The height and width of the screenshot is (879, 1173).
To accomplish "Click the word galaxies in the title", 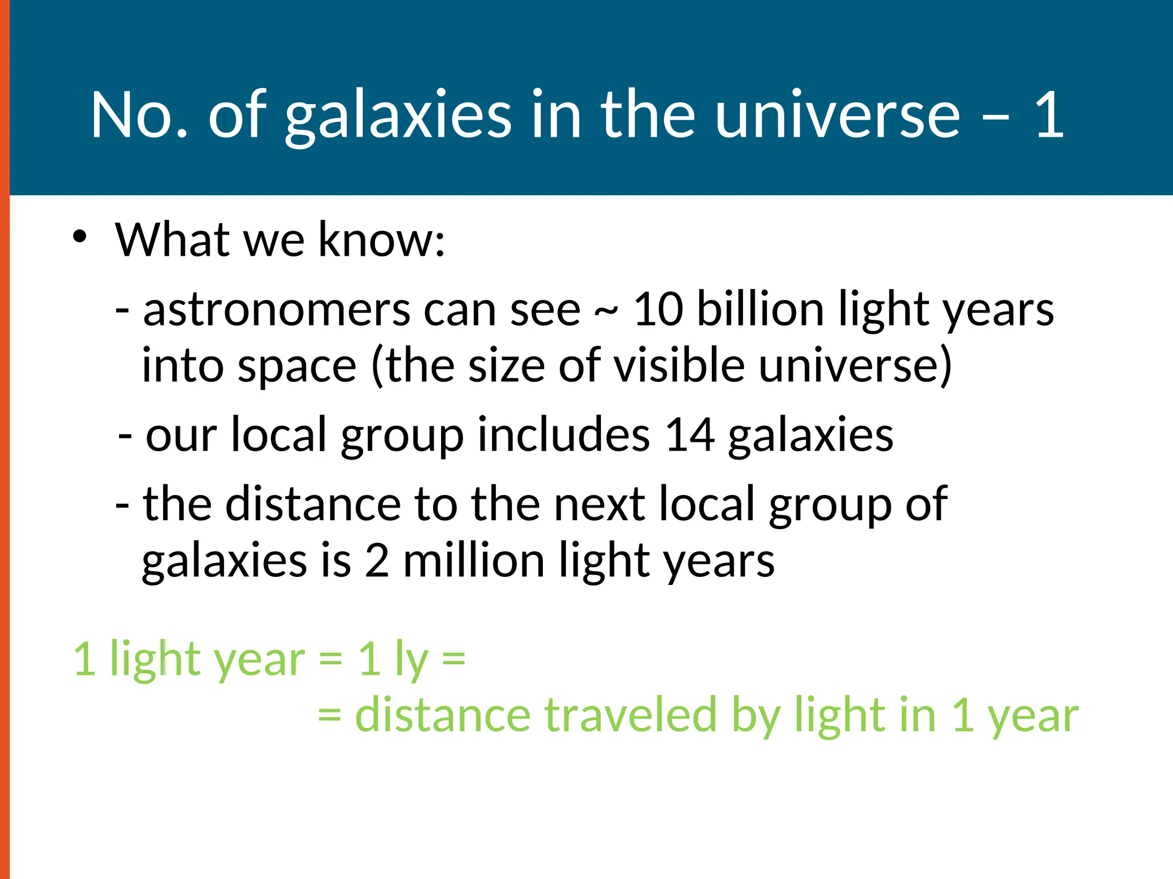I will tap(397, 116).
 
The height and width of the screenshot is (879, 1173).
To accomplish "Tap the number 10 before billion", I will tap(658, 310).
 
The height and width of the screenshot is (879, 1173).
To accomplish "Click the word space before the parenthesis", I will tap(297, 367).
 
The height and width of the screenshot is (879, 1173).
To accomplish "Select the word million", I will tap(474, 560).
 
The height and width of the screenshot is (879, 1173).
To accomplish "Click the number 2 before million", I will tap(377, 560).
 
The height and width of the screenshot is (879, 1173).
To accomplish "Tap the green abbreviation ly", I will tap(411, 660).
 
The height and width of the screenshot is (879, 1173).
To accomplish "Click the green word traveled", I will tap(631, 715).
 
